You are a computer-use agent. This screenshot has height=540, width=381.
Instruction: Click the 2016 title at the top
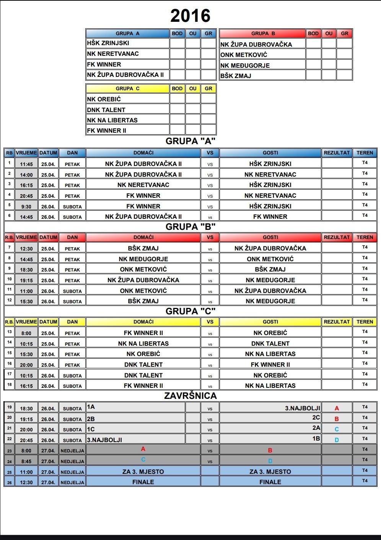(x=190, y=16)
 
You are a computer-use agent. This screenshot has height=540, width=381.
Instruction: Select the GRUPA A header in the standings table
(x=127, y=33)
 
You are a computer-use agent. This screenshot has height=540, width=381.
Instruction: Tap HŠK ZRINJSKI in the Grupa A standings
(x=108, y=43)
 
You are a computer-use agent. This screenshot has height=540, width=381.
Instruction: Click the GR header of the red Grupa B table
(x=344, y=33)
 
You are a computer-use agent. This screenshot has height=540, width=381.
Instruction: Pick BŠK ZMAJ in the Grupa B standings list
(x=236, y=76)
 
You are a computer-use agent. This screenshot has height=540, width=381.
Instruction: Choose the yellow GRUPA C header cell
(x=127, y=88)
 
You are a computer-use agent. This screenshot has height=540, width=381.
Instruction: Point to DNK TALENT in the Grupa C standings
(x=106, y=110)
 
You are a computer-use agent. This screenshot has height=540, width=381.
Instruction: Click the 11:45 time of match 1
(x=26, y=164)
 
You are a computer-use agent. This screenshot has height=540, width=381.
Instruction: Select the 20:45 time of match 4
(x=26, y=196)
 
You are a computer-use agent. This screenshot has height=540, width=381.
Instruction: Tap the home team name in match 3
(x=143, y=185)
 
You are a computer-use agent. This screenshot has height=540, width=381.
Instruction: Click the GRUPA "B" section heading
(x=190, y=227)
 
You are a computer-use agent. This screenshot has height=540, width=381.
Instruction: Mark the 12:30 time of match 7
(x=26, y=249)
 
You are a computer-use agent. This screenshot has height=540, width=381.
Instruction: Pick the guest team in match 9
(x=270, y=269)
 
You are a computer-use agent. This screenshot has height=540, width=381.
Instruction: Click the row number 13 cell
(x=9, y=332)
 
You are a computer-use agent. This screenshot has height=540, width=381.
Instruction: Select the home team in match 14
(x=143, y=343)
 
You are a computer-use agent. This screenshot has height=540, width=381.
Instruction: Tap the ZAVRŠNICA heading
(x=190, y=396)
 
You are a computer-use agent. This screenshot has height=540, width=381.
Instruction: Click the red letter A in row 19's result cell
(x=337, y=408)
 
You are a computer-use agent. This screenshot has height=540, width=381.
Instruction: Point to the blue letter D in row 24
(x=270, y=461)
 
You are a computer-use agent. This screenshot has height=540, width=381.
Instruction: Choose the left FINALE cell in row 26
(x=143, y=482)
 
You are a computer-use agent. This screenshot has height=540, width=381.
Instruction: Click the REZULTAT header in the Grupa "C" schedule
(x=337, y=322)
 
